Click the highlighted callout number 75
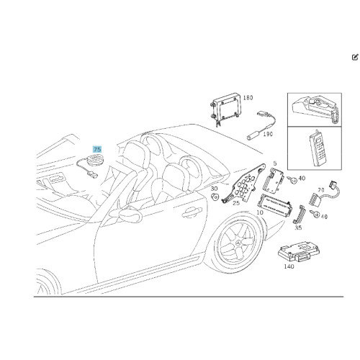[97, 149]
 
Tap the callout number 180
[248, 98]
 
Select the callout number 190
[268, 134]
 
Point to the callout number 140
[289, 266]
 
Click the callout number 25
[236, 203]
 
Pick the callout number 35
[298, 228]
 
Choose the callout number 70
[321, 190]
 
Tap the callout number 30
[214, 189]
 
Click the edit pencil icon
[355, 58]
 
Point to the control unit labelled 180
[225, 107]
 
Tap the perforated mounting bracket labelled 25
[243, 184]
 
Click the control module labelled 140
[299, 251]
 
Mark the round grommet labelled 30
[215, 197]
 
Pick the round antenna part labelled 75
[95, 160]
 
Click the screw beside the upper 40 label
[292, 180]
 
